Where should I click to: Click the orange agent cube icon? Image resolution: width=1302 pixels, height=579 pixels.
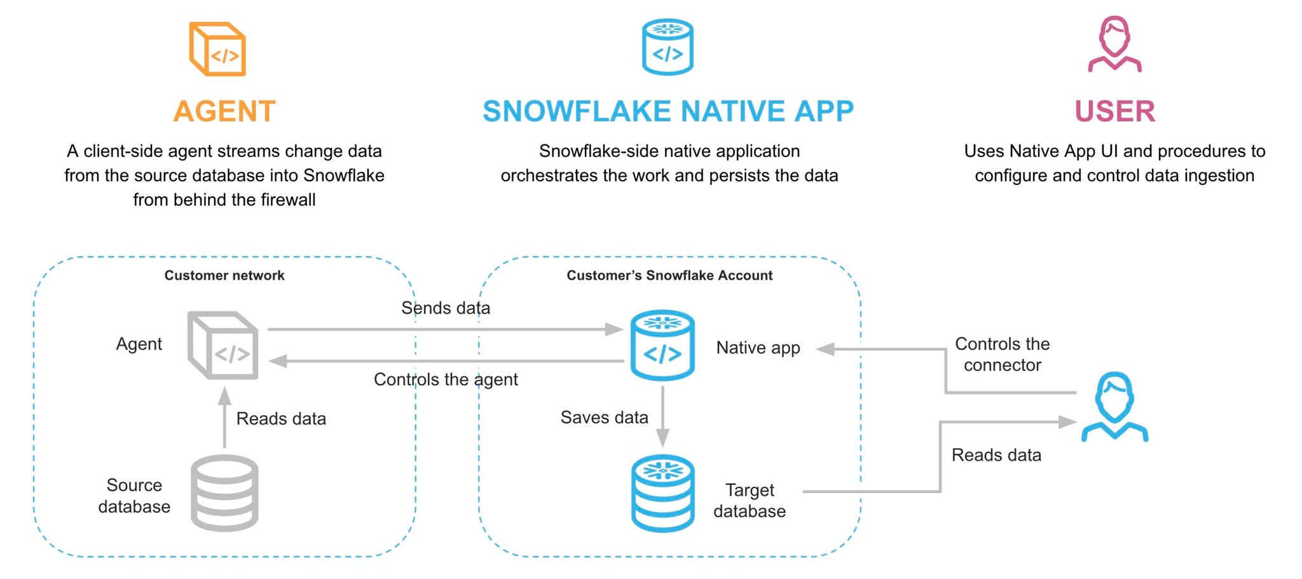[217, 49]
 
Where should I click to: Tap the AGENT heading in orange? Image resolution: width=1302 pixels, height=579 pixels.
[224, 111]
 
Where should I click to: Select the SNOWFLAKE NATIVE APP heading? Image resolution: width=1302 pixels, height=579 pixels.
[668, 111]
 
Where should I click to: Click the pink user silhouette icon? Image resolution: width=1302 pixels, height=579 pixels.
[1114, 44]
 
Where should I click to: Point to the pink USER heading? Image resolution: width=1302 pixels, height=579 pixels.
[1114, 111]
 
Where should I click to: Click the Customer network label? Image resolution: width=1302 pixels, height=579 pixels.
[224, 275]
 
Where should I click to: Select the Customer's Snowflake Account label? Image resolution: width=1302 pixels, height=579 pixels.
[669, 275]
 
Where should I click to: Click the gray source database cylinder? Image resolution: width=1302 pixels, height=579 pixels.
[224, 493]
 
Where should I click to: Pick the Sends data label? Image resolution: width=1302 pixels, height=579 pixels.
[445, 308]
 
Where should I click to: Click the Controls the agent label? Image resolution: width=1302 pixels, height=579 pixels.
[445, 379]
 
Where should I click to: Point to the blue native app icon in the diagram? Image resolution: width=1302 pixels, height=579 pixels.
[662, 345]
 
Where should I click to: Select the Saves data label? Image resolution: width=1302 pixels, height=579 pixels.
[604, 418]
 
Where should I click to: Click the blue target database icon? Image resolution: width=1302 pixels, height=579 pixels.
[662, 493]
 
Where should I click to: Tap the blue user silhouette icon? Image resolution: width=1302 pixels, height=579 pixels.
[1114, 407]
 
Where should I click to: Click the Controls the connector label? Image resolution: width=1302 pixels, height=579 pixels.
[1002, 354]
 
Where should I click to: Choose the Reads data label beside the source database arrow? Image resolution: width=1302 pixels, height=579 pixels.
[281, 419]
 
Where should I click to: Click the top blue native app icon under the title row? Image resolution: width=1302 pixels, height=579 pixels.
[668, 47]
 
